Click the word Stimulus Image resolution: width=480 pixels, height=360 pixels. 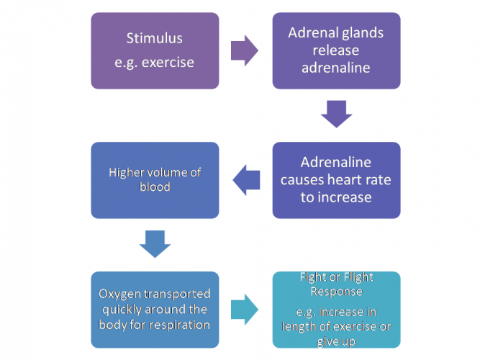point(154,38)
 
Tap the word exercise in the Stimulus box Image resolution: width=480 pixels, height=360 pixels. point(168,62)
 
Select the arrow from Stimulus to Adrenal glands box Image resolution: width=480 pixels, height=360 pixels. point(245,50)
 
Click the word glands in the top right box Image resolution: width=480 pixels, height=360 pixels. point(363,33)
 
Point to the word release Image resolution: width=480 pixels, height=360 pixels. point(336,50)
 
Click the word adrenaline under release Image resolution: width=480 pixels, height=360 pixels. point(336,68)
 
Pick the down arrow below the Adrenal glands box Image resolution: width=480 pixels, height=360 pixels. point(336,114)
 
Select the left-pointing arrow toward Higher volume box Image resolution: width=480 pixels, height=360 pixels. point(246,180)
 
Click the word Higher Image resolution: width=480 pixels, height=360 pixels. point(127,173)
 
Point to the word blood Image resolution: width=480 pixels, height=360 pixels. point(155,187)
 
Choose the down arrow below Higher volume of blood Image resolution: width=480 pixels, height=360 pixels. point(155,244)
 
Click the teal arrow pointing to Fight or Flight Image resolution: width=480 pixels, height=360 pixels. point(245,310)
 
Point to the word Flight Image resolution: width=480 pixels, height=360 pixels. point(358,277)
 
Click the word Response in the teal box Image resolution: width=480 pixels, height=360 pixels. point(336,292)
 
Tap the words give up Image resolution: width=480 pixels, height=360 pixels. point(336,341)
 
